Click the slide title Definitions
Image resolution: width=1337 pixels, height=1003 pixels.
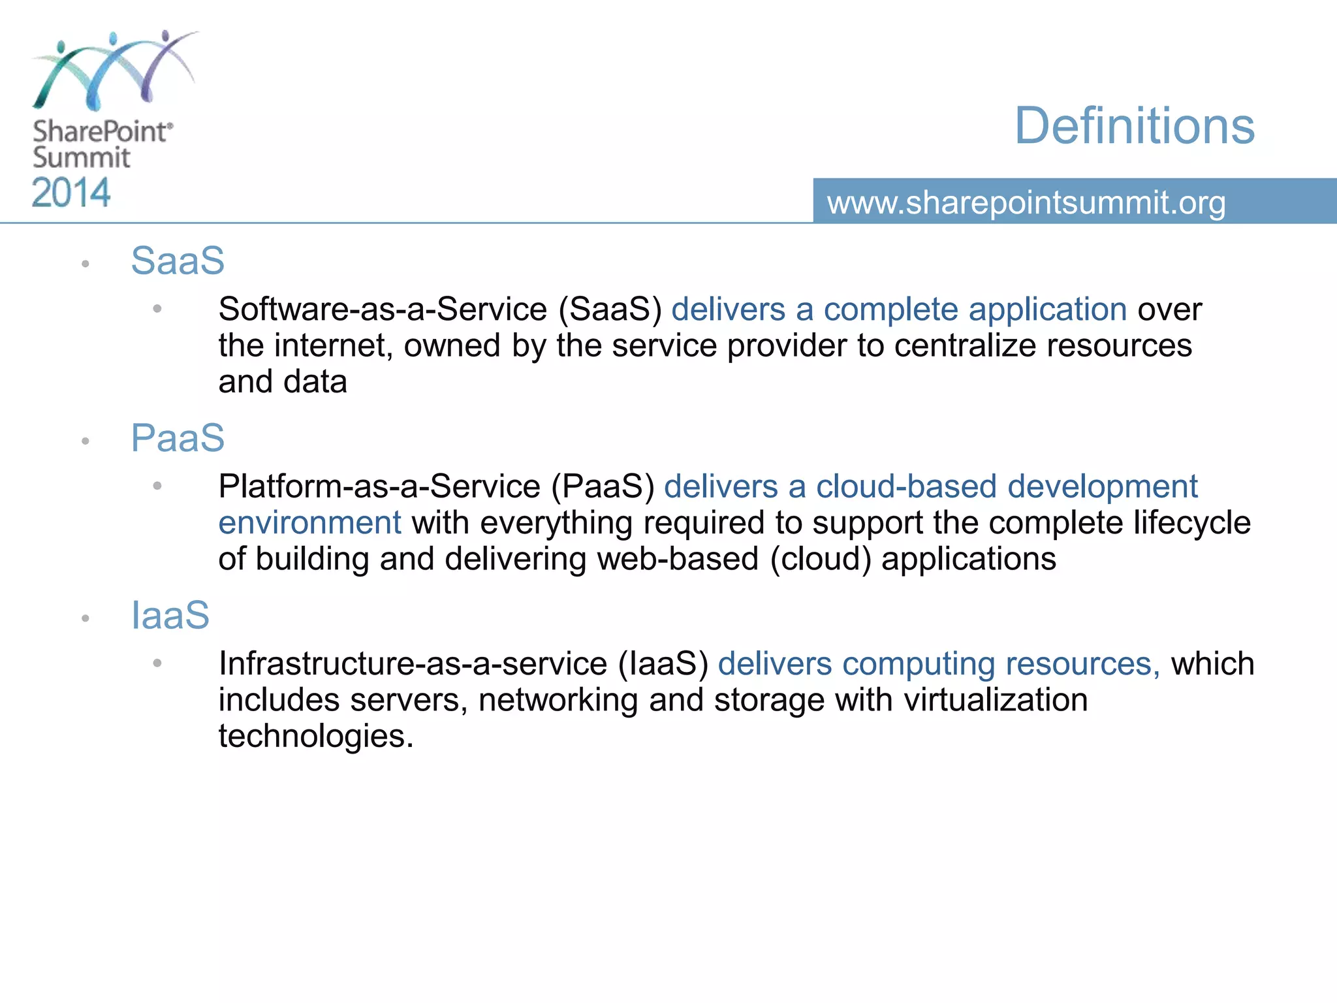[1134, 125]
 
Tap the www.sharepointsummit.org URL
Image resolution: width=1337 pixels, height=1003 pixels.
[1026, 202]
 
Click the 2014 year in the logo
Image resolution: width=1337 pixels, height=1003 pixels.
[71, 193]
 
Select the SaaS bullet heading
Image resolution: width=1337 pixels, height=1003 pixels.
[178, 261]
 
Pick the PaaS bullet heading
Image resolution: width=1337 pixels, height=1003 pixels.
[178, 438]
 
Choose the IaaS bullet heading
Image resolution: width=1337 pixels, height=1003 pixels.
[170, 615]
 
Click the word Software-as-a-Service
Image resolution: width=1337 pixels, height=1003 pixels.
[383, 309]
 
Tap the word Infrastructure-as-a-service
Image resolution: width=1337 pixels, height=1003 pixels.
[413, 663]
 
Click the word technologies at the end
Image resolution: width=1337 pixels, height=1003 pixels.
[316, 737]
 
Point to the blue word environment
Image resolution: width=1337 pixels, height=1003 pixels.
[309, 523]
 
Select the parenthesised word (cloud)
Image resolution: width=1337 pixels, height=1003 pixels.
[821, 559]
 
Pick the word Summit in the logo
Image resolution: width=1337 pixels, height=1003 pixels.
[82, 158]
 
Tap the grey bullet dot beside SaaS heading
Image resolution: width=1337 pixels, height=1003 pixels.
[85, 264]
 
